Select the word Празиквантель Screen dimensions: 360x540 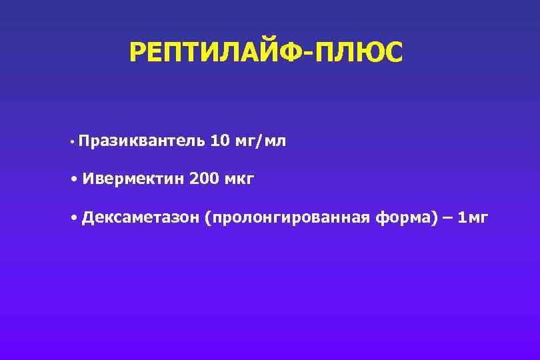coord(141,141)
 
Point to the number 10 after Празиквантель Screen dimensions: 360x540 coord(220,141)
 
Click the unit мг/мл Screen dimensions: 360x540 coord(262,141)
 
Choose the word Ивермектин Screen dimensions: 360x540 coord(133,179)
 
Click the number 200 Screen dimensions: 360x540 coord(204,179)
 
